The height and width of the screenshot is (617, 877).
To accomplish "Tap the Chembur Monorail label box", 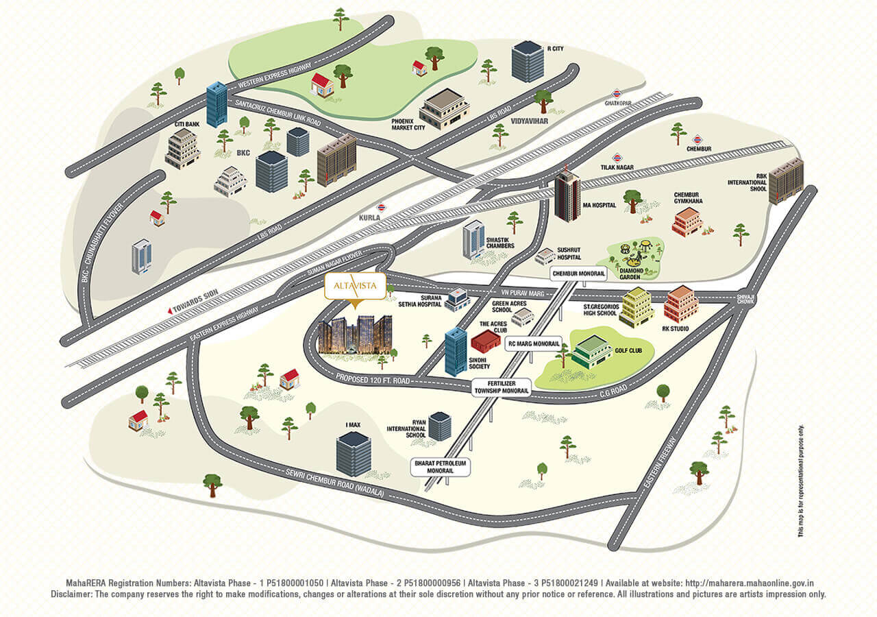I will [x=579, y=274].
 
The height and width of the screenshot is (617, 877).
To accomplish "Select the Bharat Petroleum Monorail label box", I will [x=440, y=468].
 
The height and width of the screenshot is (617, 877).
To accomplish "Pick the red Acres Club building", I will [x=486, y=341].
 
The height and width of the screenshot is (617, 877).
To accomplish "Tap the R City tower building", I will [x=528, y=61].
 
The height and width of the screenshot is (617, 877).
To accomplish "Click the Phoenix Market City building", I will [x=444, y=108].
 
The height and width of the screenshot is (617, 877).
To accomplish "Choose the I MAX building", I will [x=354, y=453].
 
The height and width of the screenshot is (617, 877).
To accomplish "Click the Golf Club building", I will [x=591, y=352].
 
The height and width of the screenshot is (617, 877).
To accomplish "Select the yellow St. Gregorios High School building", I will [x=637, y=307].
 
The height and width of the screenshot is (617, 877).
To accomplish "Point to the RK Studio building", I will [x=681, y=304].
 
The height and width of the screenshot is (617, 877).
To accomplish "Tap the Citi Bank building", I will [x=182, y=148].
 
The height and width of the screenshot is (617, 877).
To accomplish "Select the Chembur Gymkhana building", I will [x=687, y=222].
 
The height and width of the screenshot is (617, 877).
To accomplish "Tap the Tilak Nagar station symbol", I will [x=617, y=157].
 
